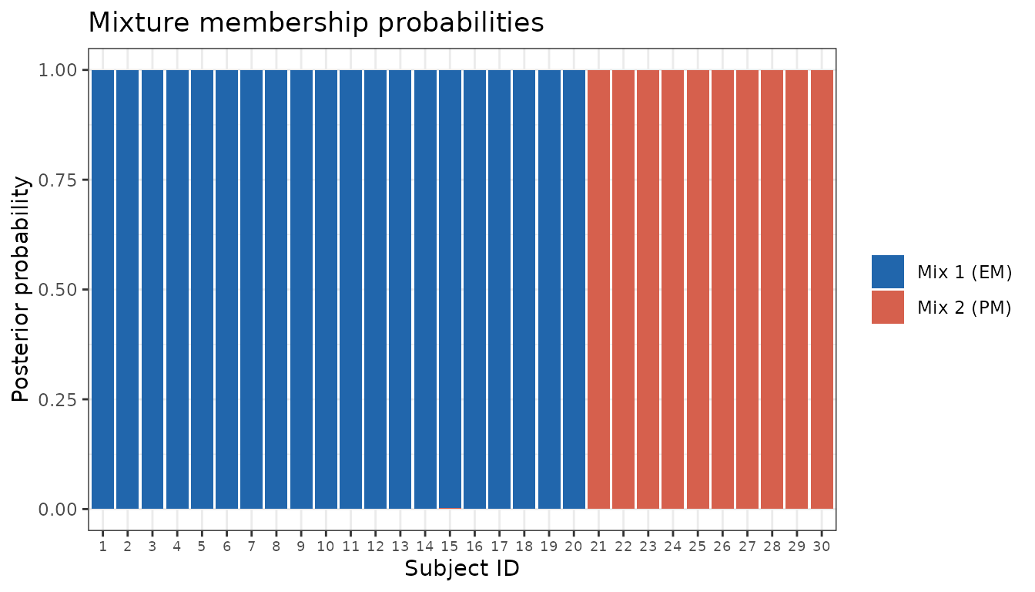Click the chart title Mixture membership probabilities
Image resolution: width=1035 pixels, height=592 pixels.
316,22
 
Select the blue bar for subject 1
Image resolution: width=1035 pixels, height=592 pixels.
103,290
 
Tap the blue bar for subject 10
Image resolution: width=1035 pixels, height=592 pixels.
326,290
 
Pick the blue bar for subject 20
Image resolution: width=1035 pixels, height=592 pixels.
574,290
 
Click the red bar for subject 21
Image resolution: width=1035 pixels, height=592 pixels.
599,290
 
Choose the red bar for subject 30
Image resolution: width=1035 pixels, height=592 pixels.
822,290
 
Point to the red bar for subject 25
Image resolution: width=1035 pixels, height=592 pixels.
698,290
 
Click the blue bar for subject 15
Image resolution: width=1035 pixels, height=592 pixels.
450,289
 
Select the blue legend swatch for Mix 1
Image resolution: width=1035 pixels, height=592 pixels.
888,271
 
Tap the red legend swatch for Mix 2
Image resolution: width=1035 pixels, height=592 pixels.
888,307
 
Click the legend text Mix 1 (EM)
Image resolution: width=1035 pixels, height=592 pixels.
964,272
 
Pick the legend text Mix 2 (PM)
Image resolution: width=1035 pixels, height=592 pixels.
964,308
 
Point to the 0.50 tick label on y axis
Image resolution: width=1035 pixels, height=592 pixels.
57,290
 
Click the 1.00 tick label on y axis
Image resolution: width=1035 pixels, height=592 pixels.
57,70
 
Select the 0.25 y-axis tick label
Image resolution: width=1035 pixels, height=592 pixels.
57,399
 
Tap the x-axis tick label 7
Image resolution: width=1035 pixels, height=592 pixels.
251,547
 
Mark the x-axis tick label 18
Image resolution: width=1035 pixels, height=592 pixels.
524,547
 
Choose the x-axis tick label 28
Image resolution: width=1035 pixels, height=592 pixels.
772,547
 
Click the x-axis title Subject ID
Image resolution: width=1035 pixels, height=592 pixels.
462,569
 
